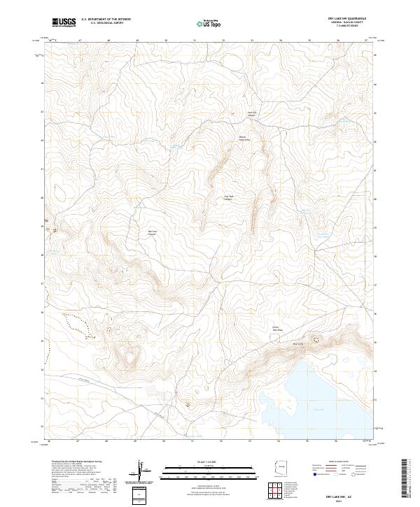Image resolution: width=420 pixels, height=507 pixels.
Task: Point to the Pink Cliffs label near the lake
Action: pos(297,343)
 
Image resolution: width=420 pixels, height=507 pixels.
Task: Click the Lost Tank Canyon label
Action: pos(228,198)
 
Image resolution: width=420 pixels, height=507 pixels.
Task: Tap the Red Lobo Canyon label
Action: pos(153,234)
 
